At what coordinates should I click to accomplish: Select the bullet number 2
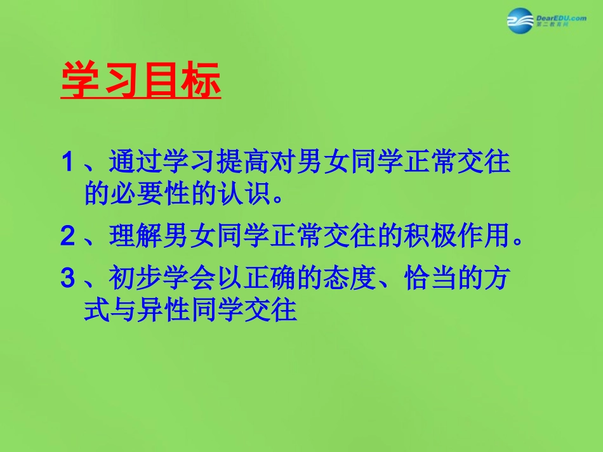pyautogui.click(x=68, y=236)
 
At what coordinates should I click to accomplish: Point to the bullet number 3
pyautogui.click(x=68, y=279)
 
